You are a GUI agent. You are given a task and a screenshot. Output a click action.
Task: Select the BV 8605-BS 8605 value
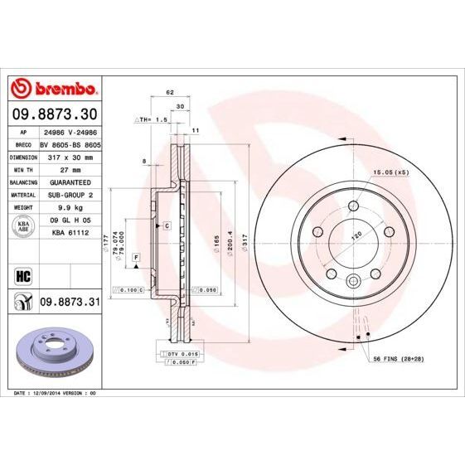click(x=70, y=143)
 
